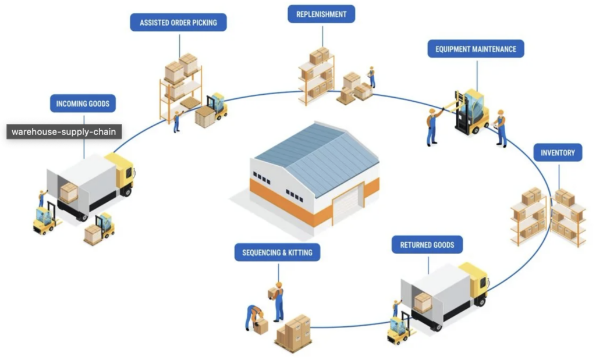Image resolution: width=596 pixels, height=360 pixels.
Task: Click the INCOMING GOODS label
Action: pos(83,104)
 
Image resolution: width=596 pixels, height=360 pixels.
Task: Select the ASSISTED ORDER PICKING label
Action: pos(178,23)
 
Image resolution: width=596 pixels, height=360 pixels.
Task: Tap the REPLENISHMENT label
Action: pos(321,14)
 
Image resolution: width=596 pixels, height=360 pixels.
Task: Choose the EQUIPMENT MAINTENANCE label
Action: pos(476,49)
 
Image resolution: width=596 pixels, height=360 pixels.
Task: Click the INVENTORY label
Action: pos(558,153)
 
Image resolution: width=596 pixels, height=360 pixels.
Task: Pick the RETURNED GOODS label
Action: pos(427,245)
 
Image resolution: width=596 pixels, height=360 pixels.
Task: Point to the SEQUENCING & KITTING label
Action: pos(277,252)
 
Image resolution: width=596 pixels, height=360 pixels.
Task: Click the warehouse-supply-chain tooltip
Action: pos(64,132)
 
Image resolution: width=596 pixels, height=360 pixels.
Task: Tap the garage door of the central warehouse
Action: pos(348,204)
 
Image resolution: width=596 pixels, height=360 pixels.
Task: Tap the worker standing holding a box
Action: pos(278,300)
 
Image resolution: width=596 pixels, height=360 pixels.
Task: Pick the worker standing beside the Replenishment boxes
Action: pos(371,77)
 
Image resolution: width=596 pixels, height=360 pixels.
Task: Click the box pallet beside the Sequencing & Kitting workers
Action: pos(293,334)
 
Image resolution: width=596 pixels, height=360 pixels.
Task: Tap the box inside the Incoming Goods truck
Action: pos(69,193)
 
